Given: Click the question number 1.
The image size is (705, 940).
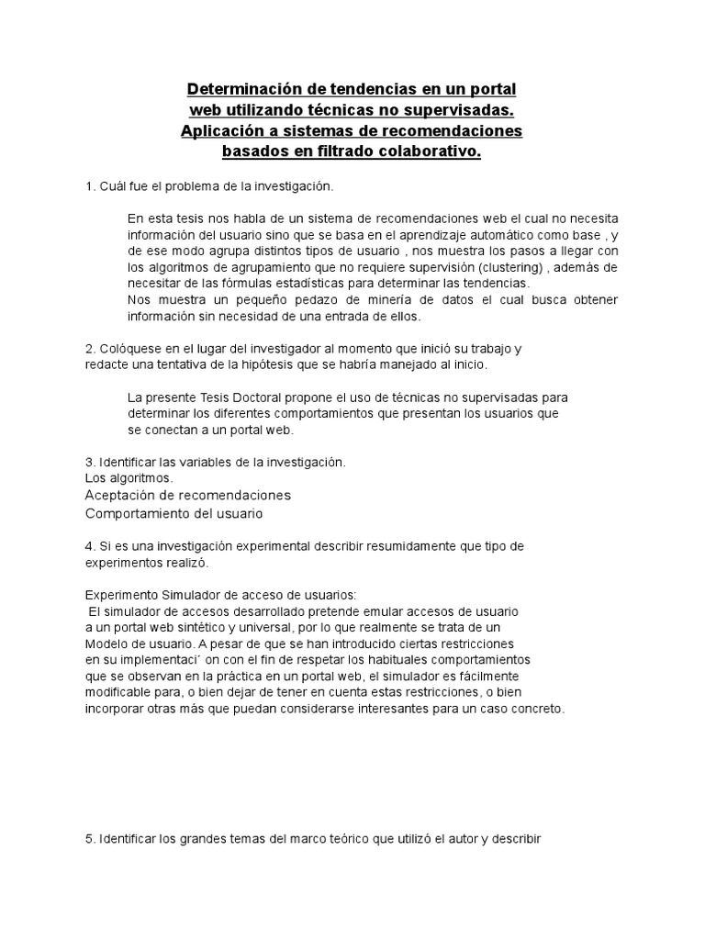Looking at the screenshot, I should click(89, 186).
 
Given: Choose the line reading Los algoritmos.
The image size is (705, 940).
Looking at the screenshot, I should click(129, 477).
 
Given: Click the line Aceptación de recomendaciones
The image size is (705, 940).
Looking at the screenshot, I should click(187, 495).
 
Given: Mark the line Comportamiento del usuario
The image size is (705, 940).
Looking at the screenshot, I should click(173, 513).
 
